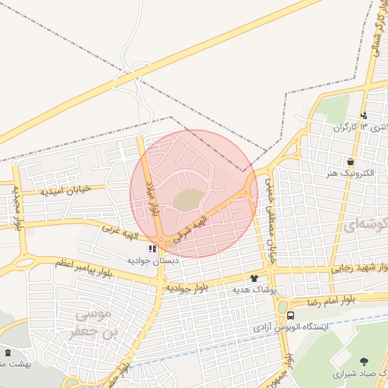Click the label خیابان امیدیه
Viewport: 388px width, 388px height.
(73, 189)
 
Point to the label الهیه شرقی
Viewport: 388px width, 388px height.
(191, 224)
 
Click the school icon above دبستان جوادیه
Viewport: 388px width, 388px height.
(152, 248)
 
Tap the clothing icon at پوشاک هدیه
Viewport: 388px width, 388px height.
(264, 278)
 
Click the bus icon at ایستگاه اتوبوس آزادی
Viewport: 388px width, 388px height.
(290, 314)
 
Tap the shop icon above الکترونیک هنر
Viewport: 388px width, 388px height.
(350, 161)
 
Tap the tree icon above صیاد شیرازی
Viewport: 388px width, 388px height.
(363, 361)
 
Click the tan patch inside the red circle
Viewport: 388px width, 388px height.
(187, 199)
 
